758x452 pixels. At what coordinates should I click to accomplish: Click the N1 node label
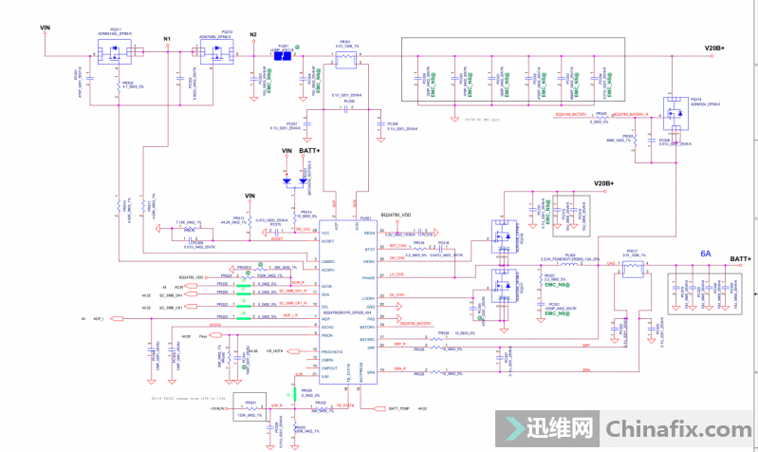(167, 39)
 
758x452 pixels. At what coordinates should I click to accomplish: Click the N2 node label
(253, 35)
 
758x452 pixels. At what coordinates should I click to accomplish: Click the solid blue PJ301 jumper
(283, 55)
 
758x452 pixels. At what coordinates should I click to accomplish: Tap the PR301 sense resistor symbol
(345, 58)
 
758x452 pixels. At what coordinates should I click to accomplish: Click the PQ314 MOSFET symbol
(674, 114)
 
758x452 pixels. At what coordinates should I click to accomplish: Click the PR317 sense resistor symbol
(634, 271)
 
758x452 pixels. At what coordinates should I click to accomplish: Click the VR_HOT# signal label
(275, 351)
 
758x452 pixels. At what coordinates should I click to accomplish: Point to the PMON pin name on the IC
(328, 335)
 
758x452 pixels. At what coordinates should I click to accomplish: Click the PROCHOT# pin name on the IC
(334, 351)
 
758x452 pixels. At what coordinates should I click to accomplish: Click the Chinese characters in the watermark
(556, 429)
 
